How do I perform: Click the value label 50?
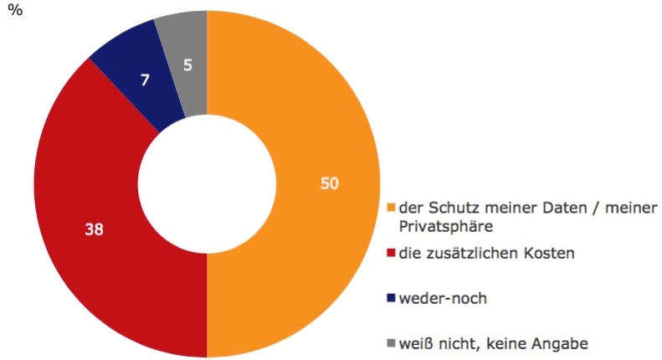330,183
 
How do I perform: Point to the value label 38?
92,227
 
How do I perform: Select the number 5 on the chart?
187,64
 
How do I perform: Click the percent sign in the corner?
13,14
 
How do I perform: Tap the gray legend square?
390,344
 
